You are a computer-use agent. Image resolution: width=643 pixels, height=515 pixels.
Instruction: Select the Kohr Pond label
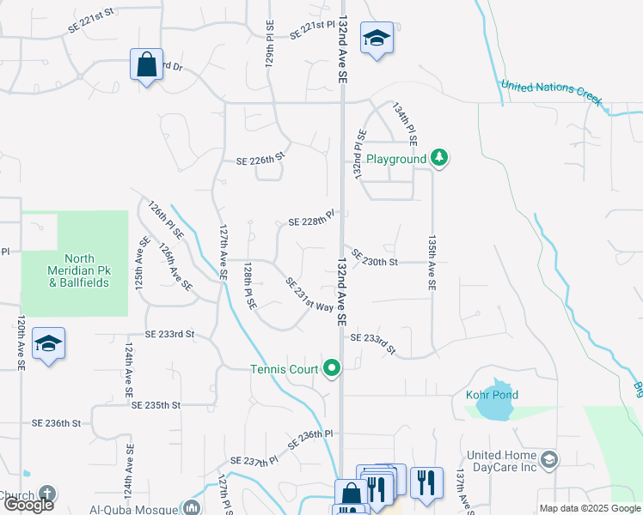[x=492, y=395]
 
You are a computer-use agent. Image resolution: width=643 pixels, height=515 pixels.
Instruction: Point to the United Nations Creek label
[x=550, y=91]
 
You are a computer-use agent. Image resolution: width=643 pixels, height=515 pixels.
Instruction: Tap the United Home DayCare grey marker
[x=550, y=460]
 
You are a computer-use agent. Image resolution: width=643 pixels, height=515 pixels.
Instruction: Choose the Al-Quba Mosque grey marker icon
[x=192, y=507]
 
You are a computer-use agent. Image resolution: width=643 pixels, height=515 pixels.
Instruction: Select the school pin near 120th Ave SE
[x=49, y=345]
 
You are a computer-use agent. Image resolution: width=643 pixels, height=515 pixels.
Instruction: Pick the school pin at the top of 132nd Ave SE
[x=377, y=39]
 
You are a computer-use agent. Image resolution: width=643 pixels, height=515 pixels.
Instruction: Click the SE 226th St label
[x=260, y=159]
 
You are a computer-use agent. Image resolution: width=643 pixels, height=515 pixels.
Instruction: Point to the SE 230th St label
[x=376, y=262]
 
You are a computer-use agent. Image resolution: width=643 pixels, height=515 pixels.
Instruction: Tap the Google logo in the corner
[x=28, y=505]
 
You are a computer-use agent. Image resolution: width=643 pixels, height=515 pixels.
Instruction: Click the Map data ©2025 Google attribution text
[x=589, y=508]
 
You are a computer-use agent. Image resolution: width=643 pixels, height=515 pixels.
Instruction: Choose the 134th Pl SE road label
[x=405, y=123]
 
